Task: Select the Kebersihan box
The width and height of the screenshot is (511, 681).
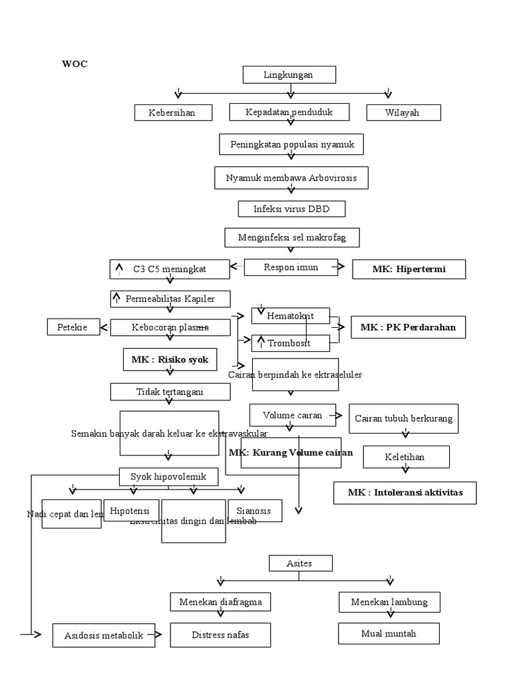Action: pyautogui.click(x=173, y=112)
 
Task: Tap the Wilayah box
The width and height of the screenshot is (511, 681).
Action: pyautogui.click(x=403, y=112)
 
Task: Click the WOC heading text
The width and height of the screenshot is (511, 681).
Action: pyautogui.click(x=75, y=64)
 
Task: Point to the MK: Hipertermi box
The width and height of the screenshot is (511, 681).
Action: pyautogui.click(x=409, y=269)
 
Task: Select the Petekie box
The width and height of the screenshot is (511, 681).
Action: pyautogui.click(x=73, y=327)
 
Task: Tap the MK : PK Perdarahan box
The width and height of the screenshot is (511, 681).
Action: pyautogui.click(x=408, y=328)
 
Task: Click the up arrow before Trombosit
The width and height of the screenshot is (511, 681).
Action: pyautogui.click(x=261, y=342)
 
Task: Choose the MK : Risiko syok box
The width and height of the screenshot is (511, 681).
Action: pyautogui.click(x=170, y=360)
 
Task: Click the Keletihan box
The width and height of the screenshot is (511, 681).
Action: pyautogui.click(x=405, y=457)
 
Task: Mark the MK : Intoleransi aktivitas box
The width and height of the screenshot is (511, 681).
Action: pyautogui.click(x=405, y=493)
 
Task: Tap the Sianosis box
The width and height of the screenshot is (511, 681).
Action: pyautogui.click(x=254, y=510)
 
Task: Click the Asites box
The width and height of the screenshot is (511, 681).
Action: pyautogui.click(x=299, y=563)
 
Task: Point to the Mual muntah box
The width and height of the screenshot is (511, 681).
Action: pyautogui.click(x=389, y=634)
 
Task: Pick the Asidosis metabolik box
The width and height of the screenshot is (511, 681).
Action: pyautogui.click(x=104, y=636)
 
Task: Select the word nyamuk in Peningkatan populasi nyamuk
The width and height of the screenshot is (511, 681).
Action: pyautogui.click(x=337, y=144)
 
